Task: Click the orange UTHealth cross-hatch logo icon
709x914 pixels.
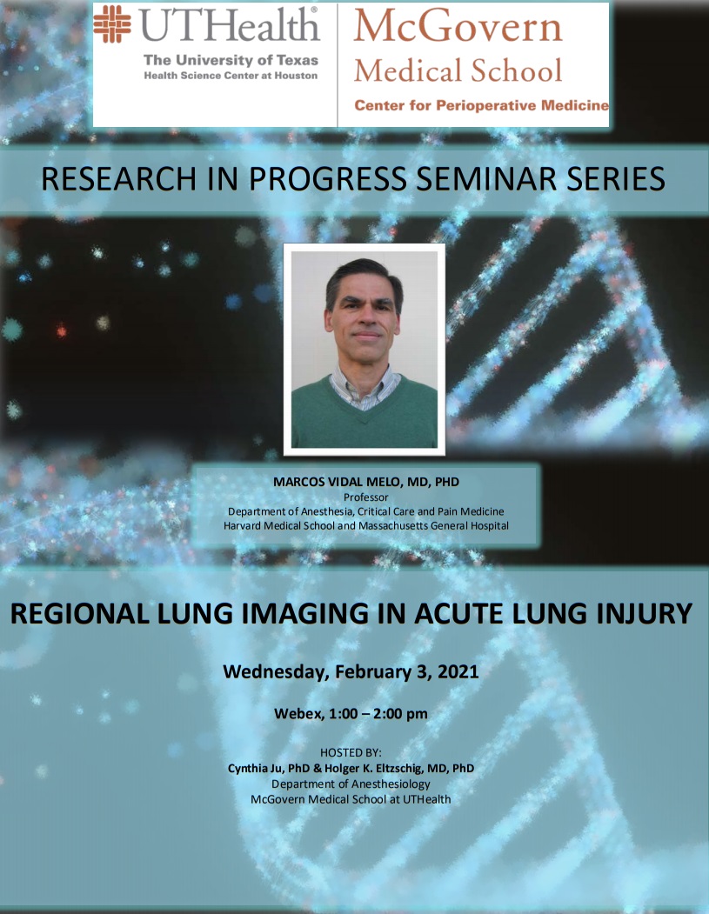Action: point(113,24)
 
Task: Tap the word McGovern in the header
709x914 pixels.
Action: point(458,26)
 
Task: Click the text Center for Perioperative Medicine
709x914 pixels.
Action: point(482,105)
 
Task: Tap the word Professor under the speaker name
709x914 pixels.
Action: point(365,497)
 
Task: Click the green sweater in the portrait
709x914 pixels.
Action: point(365,417)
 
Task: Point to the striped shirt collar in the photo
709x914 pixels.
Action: point(365,385)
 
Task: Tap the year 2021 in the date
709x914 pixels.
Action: point(458,671)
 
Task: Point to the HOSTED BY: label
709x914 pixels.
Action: point(351,752)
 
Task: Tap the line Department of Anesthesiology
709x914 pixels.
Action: point(351,784)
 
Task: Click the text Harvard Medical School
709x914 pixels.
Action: point(279,526)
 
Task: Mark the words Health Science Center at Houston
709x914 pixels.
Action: point(231,76)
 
